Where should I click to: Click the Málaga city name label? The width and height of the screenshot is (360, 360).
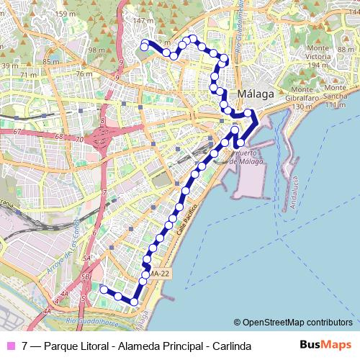256,94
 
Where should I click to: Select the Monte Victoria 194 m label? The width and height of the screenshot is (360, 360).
318,60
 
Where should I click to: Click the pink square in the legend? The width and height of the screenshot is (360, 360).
10,346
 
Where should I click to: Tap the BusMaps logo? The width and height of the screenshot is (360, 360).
324,345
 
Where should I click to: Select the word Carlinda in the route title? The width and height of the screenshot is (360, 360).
231,346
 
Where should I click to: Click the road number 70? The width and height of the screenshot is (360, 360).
79,139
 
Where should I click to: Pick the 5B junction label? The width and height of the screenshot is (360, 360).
86,276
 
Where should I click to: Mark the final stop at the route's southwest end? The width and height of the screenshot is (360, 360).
104,289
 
